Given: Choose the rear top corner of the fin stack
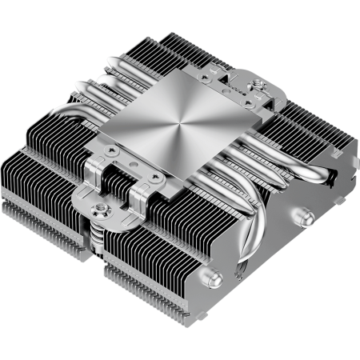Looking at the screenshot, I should (173, 32).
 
